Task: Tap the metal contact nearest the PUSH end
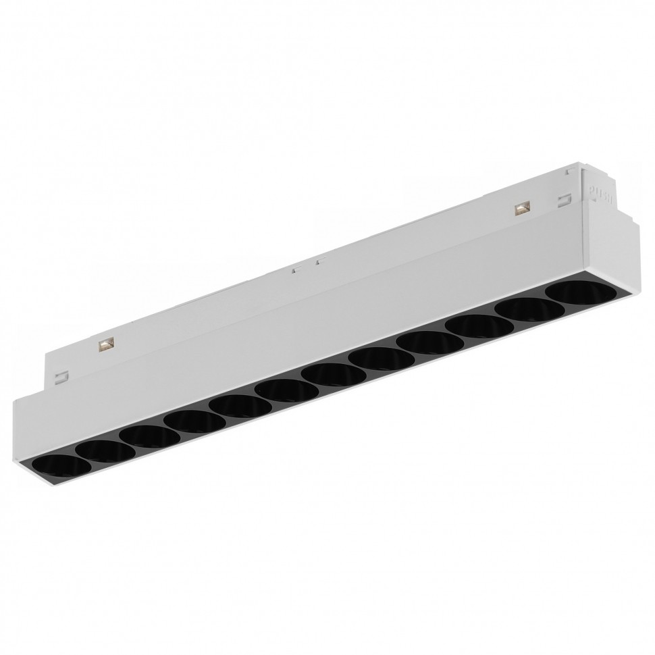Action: click(521, 209)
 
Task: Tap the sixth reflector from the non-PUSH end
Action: click(278, 390)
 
